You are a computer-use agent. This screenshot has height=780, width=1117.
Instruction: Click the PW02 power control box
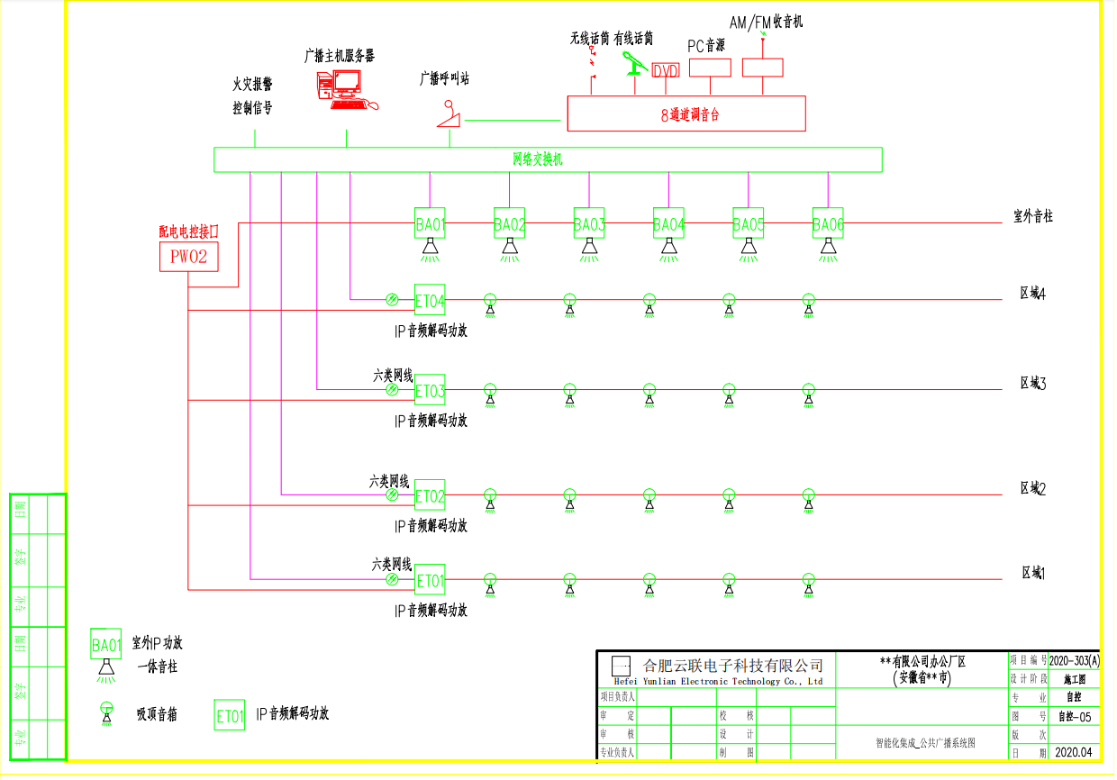[189, 257]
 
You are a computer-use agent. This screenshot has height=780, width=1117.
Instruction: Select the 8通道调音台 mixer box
[686, 114]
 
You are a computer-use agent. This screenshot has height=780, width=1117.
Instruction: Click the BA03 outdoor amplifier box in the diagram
[589, 223]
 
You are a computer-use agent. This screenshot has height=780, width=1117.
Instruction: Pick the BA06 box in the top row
[828, 223]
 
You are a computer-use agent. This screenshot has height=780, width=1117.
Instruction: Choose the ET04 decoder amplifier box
[430, 300]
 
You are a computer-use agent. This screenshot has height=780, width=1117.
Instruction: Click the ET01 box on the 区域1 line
[431, 581]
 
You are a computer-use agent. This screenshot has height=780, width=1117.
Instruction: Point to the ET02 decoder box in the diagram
[430, 495]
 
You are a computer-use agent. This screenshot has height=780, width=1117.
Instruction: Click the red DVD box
[666, 71]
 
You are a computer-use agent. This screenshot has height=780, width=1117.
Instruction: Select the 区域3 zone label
[1032, 383]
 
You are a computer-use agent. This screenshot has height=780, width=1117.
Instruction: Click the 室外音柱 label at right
[1033, 216]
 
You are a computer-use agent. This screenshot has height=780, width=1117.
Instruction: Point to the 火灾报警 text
[252, 85]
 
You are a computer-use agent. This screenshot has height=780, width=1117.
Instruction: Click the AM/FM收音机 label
[767, 22]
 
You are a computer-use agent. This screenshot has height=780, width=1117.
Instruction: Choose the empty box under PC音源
[710, 68]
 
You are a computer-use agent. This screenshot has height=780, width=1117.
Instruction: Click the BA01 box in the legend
[106, 645]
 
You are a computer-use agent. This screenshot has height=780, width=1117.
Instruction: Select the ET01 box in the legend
[230, 716]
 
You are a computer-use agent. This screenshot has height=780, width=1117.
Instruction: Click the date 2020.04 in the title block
[1073, 751]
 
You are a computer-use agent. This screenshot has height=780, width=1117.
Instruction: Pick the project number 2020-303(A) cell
[1074, 660]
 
